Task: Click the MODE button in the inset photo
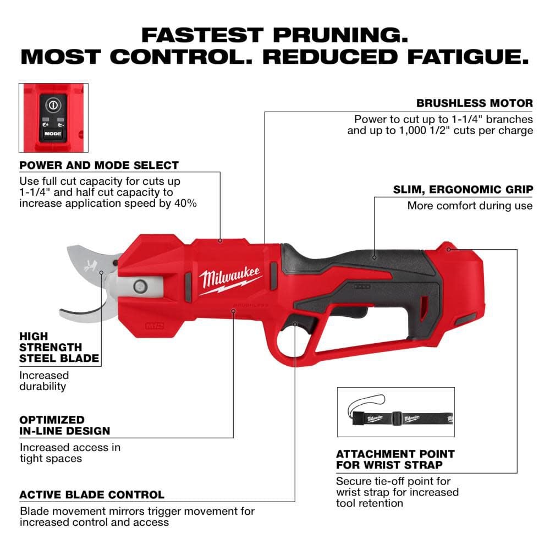tap(53, 134)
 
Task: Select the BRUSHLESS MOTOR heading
tap(474, 103)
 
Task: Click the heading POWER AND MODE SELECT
tap(99, 165)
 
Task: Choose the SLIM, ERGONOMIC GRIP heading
tap(463, 189)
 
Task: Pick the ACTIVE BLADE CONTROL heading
tap(92, 495)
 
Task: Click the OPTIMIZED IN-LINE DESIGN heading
tap(65, 425)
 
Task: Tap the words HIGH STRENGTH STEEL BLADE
tap(59, 347)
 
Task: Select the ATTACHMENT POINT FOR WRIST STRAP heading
tap(395, 460)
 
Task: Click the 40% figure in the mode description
tap(186, 203)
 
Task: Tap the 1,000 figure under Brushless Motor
tap(419, 130)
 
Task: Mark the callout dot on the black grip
tap(374, 256)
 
